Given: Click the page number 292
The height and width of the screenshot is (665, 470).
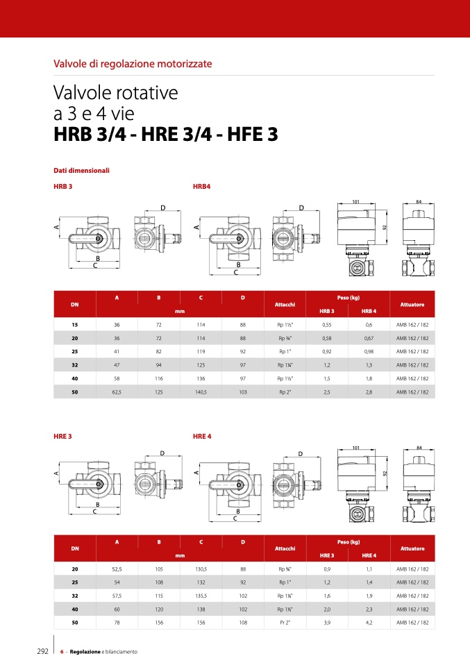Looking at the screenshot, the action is click(x=43, y=651).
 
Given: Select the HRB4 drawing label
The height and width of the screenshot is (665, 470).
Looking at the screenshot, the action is click(x=201, y=187).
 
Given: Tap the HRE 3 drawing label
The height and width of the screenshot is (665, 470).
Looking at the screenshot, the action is click(x=62, y=437).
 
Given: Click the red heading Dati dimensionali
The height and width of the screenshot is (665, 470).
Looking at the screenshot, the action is click(x=81, y=171).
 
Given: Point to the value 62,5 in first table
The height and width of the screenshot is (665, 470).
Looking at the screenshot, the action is click(x=117, y=392).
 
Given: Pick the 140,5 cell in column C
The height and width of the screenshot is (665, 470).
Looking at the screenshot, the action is click(x=201, y=392).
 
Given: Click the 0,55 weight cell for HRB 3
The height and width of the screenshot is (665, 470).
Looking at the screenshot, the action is click(x=326, y=325).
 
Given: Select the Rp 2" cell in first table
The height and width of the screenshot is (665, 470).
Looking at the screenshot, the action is click(x=285, y=392).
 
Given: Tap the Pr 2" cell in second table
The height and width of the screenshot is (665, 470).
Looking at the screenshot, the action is click(x=285, y=623).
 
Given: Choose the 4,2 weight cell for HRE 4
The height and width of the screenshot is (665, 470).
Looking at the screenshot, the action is click(x=369, y=623).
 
